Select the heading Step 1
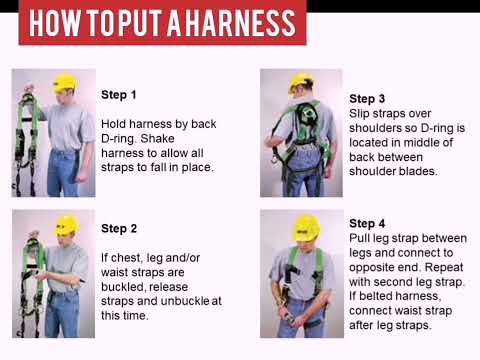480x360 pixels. coord(119,95)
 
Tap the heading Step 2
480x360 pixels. coord(119,229)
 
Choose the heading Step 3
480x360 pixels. coord(367,99)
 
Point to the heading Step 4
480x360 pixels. coord(367,223)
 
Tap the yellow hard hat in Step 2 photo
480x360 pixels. coord(65,224)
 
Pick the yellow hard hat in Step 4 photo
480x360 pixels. coord(305,226)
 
